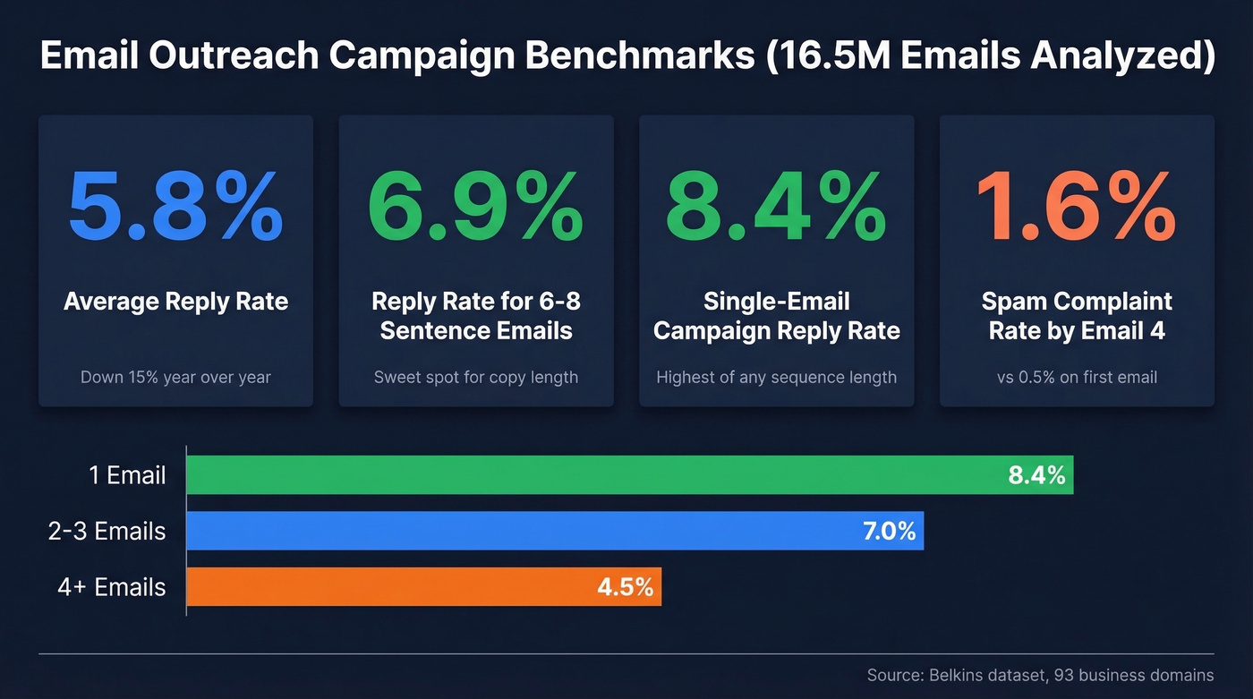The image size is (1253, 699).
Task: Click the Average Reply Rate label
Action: click(x=175, y=302)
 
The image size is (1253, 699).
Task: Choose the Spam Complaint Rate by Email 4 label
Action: click(x=1076, y=316)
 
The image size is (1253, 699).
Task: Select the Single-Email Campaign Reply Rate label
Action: click(x=776, y=316)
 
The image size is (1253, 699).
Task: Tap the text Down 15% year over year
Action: click(x=175, y=377)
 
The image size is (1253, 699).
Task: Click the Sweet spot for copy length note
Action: click(x=475, y=377)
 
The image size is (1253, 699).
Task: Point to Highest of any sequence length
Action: click(x=776, y=377)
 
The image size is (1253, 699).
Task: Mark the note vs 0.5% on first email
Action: click(x=1076, y=377)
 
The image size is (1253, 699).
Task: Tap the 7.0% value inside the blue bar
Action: click(x=889, y=532)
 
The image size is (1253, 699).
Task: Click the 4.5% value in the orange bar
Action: click(x=625, y=588)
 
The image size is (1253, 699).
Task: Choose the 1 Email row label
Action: click(x=127, y=475)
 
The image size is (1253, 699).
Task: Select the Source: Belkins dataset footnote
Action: click(x=1040, y=675)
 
